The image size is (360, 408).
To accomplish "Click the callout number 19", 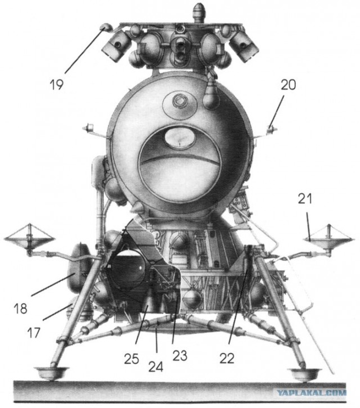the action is click(56, 84).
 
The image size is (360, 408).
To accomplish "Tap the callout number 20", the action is click(288, 85).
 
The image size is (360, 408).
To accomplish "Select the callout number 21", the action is click(305, 199).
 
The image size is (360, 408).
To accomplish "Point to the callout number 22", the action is click(227, 359).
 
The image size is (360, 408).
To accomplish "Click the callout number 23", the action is click(180, 355).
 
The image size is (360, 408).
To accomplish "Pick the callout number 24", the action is click(156, 367).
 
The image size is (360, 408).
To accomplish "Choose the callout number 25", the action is click(132, 359).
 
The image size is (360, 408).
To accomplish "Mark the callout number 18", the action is click(20, 309).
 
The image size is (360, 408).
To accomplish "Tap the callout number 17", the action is click(34, 333).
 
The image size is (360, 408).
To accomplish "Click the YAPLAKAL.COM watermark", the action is click(311, 392).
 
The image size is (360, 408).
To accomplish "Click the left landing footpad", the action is click(52, 373).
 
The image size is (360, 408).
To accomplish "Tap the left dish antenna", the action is click(29, 239).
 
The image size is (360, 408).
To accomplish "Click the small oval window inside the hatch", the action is click(180, 137).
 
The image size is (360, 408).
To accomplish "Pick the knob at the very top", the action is click(200, 12).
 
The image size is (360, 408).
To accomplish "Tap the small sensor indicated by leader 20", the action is click(271, 129).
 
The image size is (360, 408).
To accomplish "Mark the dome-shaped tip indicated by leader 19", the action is click(106, 27).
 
